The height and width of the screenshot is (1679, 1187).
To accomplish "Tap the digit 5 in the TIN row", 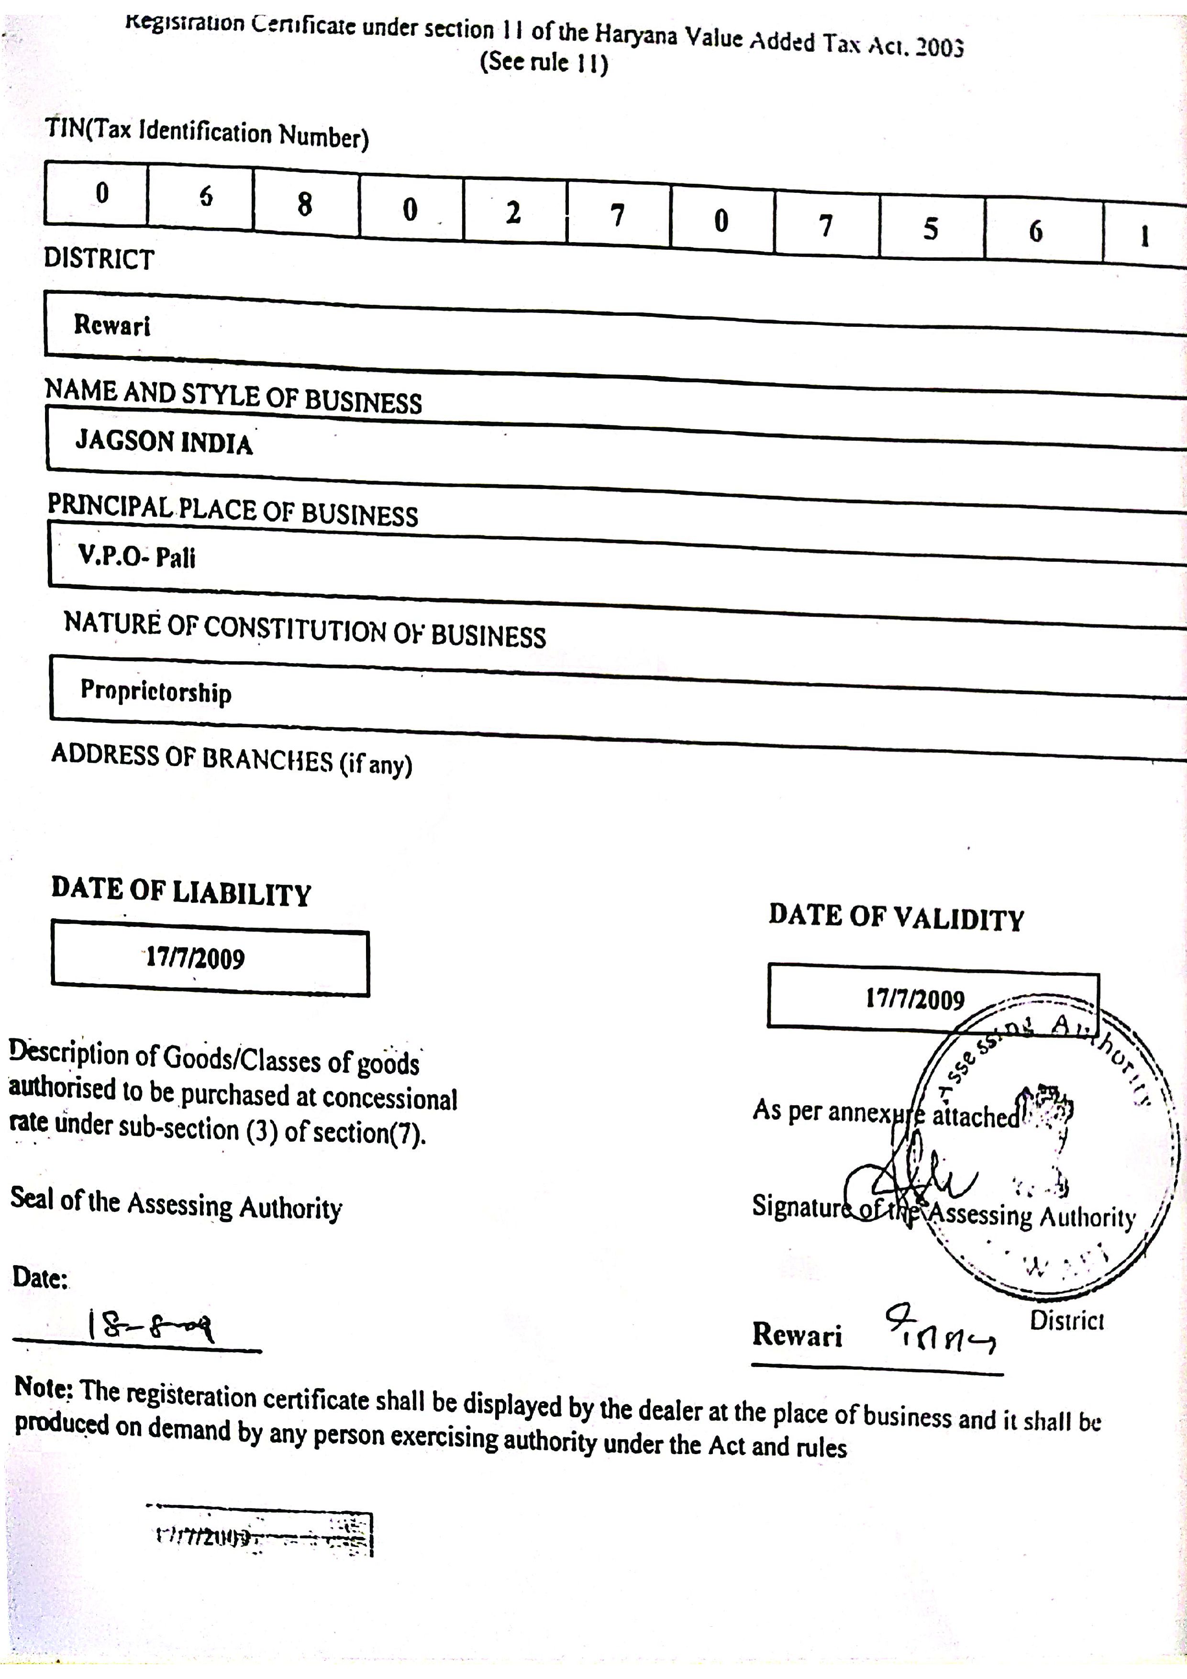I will pyautogui.click(x=930, y=228).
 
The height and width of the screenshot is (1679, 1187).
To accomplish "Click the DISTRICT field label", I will pyautogui.click(x=99, y=259).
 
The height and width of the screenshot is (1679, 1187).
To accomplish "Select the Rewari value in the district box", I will pyautogui.click(x=112, y=324).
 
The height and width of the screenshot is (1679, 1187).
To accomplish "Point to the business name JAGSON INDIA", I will pyautogui.click(x=164, y=442).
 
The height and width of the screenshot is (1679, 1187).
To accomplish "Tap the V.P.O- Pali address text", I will pyautogui.click(x=137, y=557).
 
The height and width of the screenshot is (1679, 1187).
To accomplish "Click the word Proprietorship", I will pyautogui.click(x=156, y=690).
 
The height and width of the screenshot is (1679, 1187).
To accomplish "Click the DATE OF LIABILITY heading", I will pyautogui.click(x=181, y=891).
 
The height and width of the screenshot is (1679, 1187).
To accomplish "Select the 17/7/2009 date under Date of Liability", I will pyautogui.click(x=195, y=958).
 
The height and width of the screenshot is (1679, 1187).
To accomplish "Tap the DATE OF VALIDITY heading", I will pyautogui.click(x=896, y=917).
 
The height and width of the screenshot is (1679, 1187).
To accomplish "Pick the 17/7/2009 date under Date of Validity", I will pyautogui.click(x=915, y=999).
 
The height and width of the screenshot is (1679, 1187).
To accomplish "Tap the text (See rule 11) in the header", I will pyautogui.click(x=544, y=62).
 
